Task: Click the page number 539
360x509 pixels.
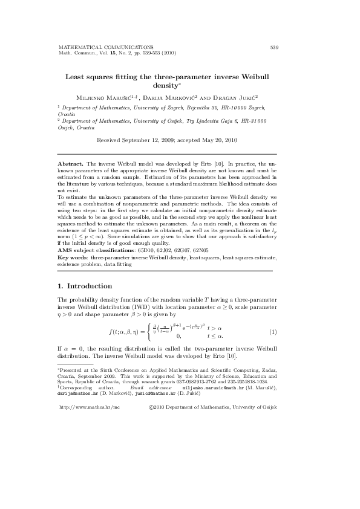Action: pos(273,47)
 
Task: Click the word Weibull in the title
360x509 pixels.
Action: pos(258,77)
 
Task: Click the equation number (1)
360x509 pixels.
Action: pos(273,332)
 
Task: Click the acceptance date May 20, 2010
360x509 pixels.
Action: pos(217,140)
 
